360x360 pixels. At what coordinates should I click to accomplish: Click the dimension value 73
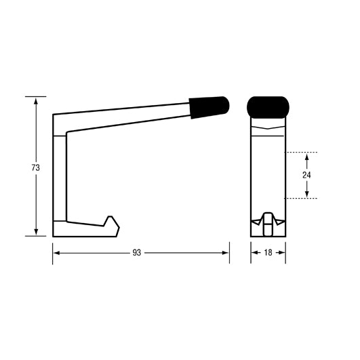[35, 167]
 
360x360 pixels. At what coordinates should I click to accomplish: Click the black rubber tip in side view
[209, 106]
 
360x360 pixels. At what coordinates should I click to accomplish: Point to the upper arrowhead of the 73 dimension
[35, 100]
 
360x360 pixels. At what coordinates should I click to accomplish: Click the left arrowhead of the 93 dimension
[56, 253]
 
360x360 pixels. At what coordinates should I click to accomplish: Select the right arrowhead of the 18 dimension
[281, 253]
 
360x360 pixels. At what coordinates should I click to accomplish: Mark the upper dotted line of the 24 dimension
[302, 152]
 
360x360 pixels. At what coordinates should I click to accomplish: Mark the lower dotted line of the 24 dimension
[302, 199]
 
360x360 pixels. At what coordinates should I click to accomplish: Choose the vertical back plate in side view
[60, 176]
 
